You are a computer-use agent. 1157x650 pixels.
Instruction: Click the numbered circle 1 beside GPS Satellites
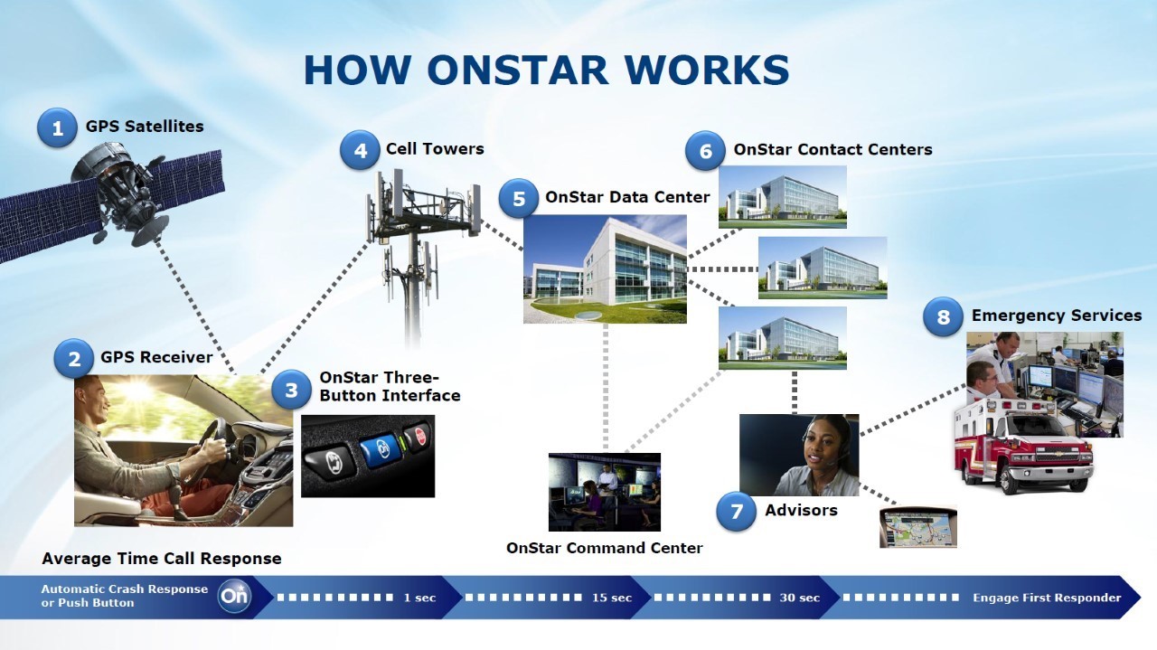57,128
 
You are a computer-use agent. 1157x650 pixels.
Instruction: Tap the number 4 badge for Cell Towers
360,150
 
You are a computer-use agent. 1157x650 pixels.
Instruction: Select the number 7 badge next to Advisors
736,512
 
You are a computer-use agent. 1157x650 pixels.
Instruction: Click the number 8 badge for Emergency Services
943,317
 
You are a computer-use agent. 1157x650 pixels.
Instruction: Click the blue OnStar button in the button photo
380,447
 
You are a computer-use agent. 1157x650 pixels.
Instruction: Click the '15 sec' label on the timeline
612,598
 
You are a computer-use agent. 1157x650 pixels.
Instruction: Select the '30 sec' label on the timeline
799,598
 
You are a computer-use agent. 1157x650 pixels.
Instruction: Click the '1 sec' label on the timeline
419,598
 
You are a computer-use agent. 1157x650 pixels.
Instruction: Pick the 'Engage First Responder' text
1047,598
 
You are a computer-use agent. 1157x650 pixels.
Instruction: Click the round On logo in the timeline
234,597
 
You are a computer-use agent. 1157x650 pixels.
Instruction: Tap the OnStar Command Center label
604,548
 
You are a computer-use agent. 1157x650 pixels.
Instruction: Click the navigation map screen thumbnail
917,526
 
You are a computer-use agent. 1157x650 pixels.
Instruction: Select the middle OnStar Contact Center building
822,268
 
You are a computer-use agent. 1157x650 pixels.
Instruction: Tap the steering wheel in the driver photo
214,443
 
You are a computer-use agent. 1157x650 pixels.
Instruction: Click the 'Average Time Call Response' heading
162,559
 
